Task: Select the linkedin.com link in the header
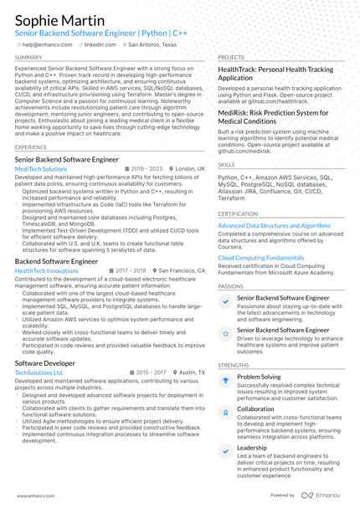[x=99, y=44]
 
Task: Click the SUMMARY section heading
[x=28, y=57]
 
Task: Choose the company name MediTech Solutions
[x=42, y=168]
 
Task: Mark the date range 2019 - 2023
[x=147, y=168]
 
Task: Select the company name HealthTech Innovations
[x=47, y=271]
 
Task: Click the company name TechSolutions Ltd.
[x=39, y=373]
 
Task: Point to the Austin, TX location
[x=190, y=373]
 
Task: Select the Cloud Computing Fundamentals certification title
[x=261, y=258]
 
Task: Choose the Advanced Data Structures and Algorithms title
[x=274, y=225]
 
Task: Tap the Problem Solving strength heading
[x=259, y=377]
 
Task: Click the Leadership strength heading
[x=252, y=447]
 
